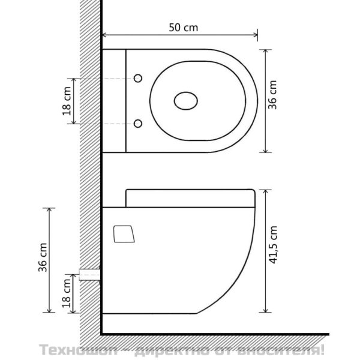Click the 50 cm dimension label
[183, 28]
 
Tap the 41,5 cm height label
[273, 245]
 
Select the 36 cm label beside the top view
[272, 95]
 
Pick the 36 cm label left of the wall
[43, 257]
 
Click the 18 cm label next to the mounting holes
[67, 101]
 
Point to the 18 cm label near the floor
[67, 293]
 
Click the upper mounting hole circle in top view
[138, 78]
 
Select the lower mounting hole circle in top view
[138, 124]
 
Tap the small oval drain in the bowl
[186, 101]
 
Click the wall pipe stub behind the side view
[90, 275]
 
